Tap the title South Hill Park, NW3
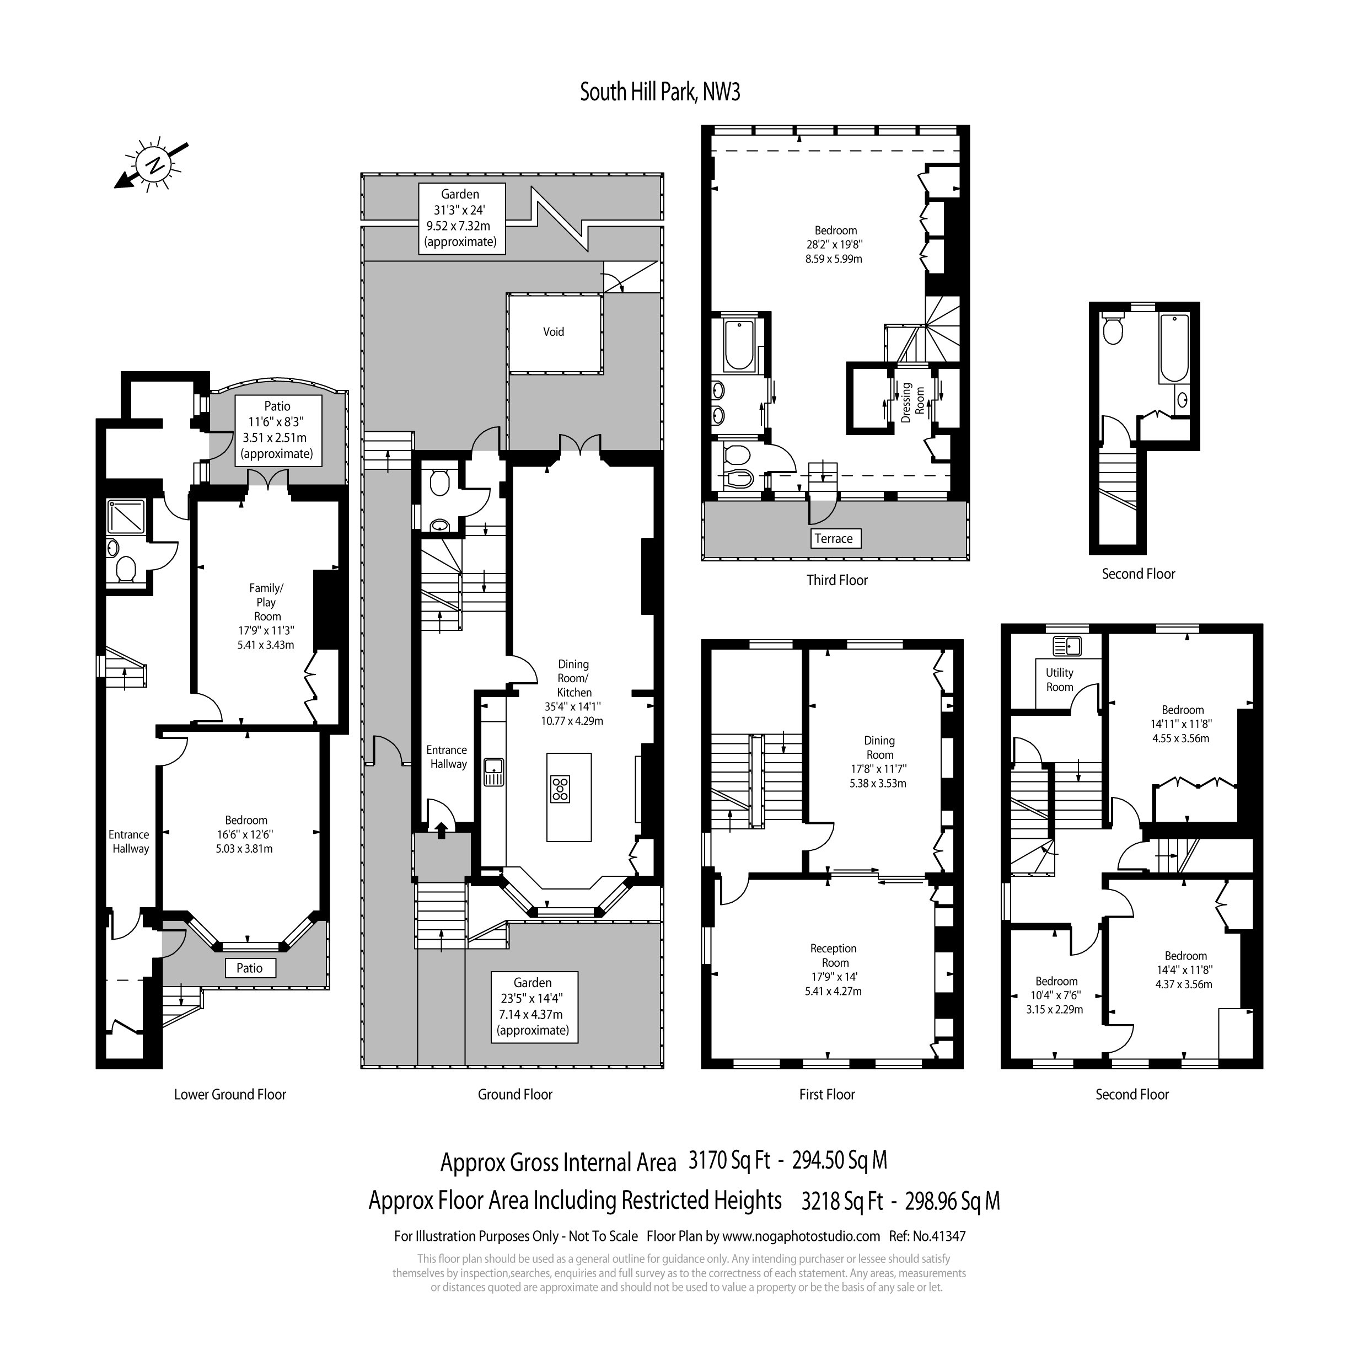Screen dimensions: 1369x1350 point(660,92)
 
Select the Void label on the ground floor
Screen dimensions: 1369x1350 point(554,331)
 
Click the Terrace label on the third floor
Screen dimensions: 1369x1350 point(833,539)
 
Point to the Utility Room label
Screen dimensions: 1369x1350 point(1059,679)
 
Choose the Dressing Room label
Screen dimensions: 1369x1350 point(912,403)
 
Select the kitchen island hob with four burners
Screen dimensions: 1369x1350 point(560,789)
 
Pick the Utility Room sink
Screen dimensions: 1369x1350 point(1066,646)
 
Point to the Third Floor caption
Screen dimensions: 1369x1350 point(837,580)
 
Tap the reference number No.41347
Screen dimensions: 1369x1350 point(939,1236)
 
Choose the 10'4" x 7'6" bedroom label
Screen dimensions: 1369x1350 point(1056,995)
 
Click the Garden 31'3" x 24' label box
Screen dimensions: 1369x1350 point(460,218)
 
